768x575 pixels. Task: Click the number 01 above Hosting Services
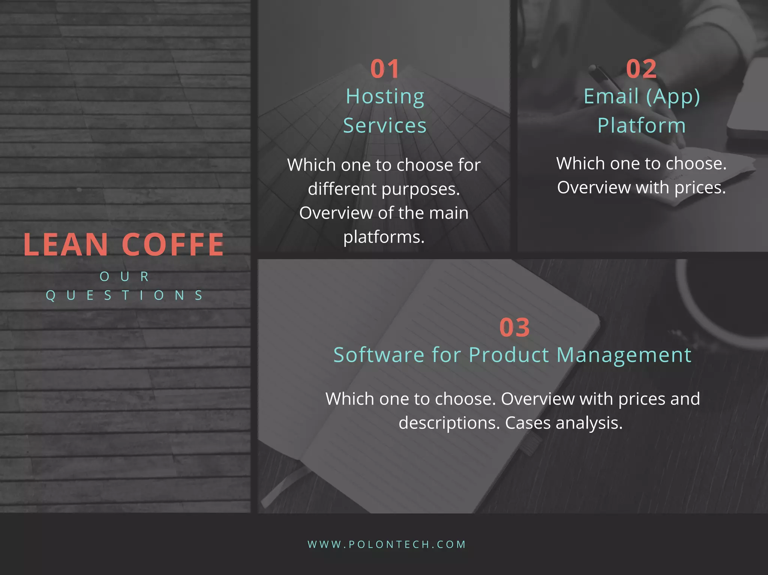click(x=385, y=69)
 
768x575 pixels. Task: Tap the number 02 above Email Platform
click(x=641, y=69)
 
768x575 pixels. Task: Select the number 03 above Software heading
click(x=514, y=328)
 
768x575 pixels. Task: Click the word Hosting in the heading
click(x=385, y=97)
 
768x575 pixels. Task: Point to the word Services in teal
click(x=385, y=126)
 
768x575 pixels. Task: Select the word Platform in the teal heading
click(x=642, y=126)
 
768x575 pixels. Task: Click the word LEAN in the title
click(x=66, y=245)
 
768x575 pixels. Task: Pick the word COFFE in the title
click(x=172, y=245)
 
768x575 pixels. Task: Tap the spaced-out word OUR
click(x=124, y=277)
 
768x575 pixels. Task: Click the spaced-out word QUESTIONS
click(x=124, y=295)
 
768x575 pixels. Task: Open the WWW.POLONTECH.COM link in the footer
click(x=387, y=544)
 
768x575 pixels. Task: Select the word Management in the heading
click(x=624, y=355)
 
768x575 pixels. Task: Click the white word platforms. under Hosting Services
click(x=384, y=237)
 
